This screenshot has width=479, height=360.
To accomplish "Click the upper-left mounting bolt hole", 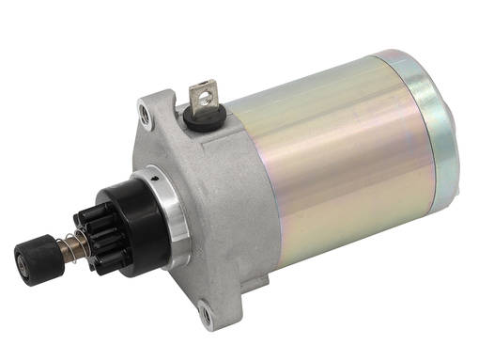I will (x=144, y=113).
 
